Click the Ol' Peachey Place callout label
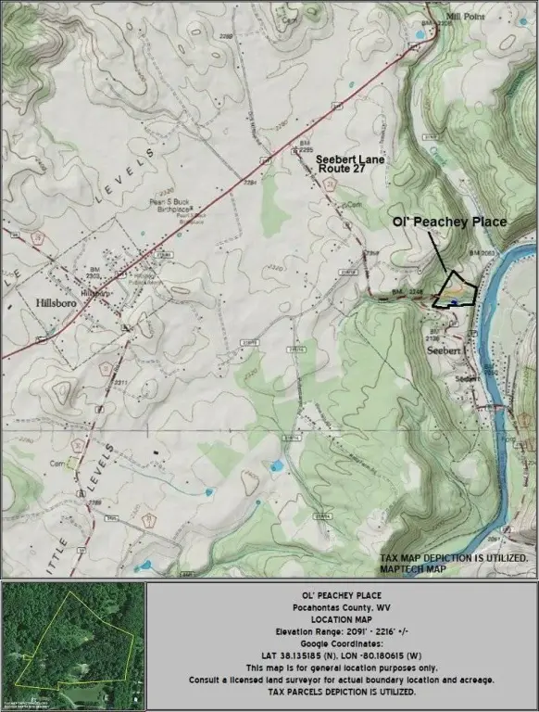click(x=449, y=222)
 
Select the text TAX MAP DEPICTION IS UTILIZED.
click(x=453, y=558)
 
